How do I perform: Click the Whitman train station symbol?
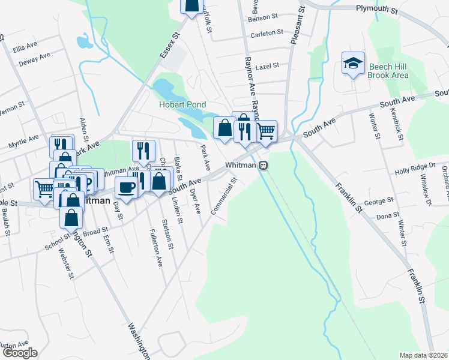tap(264, 165)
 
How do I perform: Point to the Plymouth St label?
tap(376, 10)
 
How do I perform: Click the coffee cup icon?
tap(127, 187)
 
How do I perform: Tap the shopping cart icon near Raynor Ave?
tap(267, 131)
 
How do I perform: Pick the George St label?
tap(379, 200)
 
